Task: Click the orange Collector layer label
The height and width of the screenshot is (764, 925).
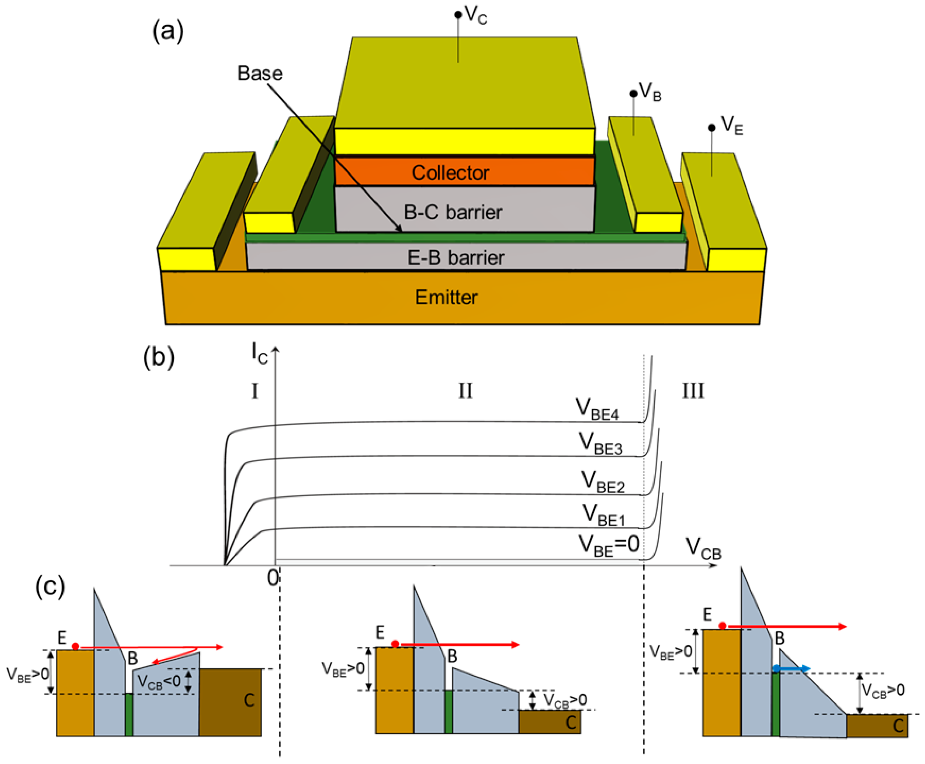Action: pyautogui.click(x=450, y=172)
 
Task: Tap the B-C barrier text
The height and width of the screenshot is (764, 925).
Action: pyautogui.click(x=452, y=212)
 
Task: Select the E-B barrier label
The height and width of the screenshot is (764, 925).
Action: pyautogui.click(x=456, y=257)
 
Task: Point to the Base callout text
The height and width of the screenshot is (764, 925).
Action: pyautogui.click(x=260, y=73)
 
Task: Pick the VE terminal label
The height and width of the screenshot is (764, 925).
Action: pyautogui.click(x=731, y=126)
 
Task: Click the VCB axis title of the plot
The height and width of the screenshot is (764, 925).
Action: pyautogui.click(x=703, y=550)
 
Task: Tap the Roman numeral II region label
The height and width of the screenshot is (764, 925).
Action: pyautogui.click(x=465, y=391)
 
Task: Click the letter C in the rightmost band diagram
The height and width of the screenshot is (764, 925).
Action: pyautogui.click(x=898, y=726)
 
